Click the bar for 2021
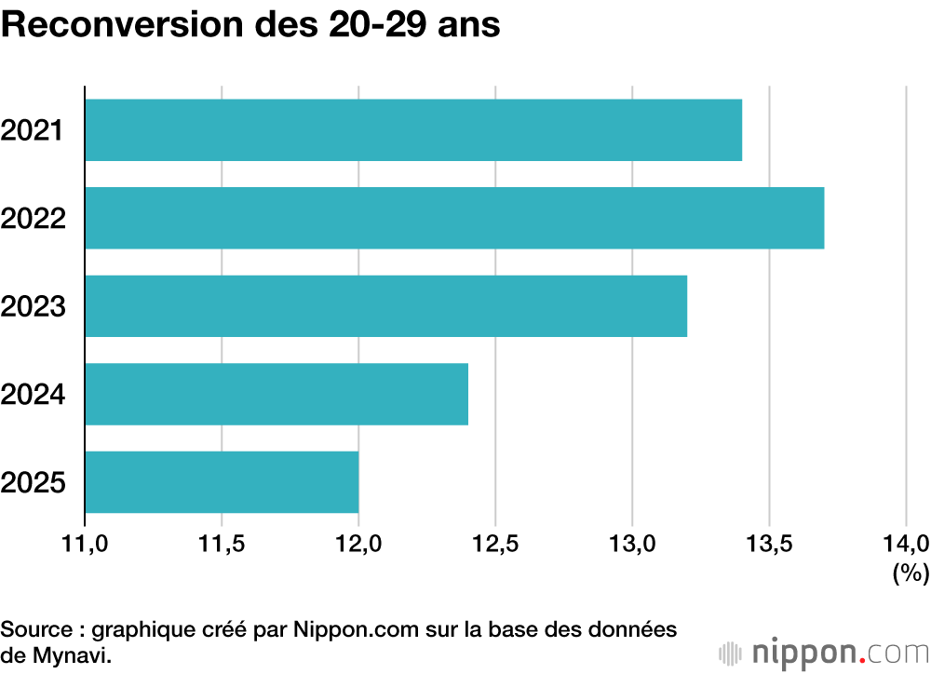click(x=413, y=130)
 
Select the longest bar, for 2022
click(x=454, y=218)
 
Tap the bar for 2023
click(x=386, y=306)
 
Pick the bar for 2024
click(x=277, y=394)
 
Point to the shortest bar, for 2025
click(x=222, y=481)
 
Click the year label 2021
click(x=32, y=130)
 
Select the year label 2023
click(x=33, y=306)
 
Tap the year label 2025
click(x=33, y=482)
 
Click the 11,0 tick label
click(x=85, y=544)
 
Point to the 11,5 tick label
click(x=222, y=544)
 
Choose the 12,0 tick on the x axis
click(x=358, y=544)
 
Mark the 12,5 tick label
click(x=495, y=544)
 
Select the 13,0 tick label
click(x=632, y=544)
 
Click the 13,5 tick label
click(x=769, y=544)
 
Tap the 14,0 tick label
click(x=906, y=544)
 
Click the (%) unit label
click(x=911, y=573)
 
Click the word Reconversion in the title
click(x=123, y=24)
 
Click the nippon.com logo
click(x=824, y=654)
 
